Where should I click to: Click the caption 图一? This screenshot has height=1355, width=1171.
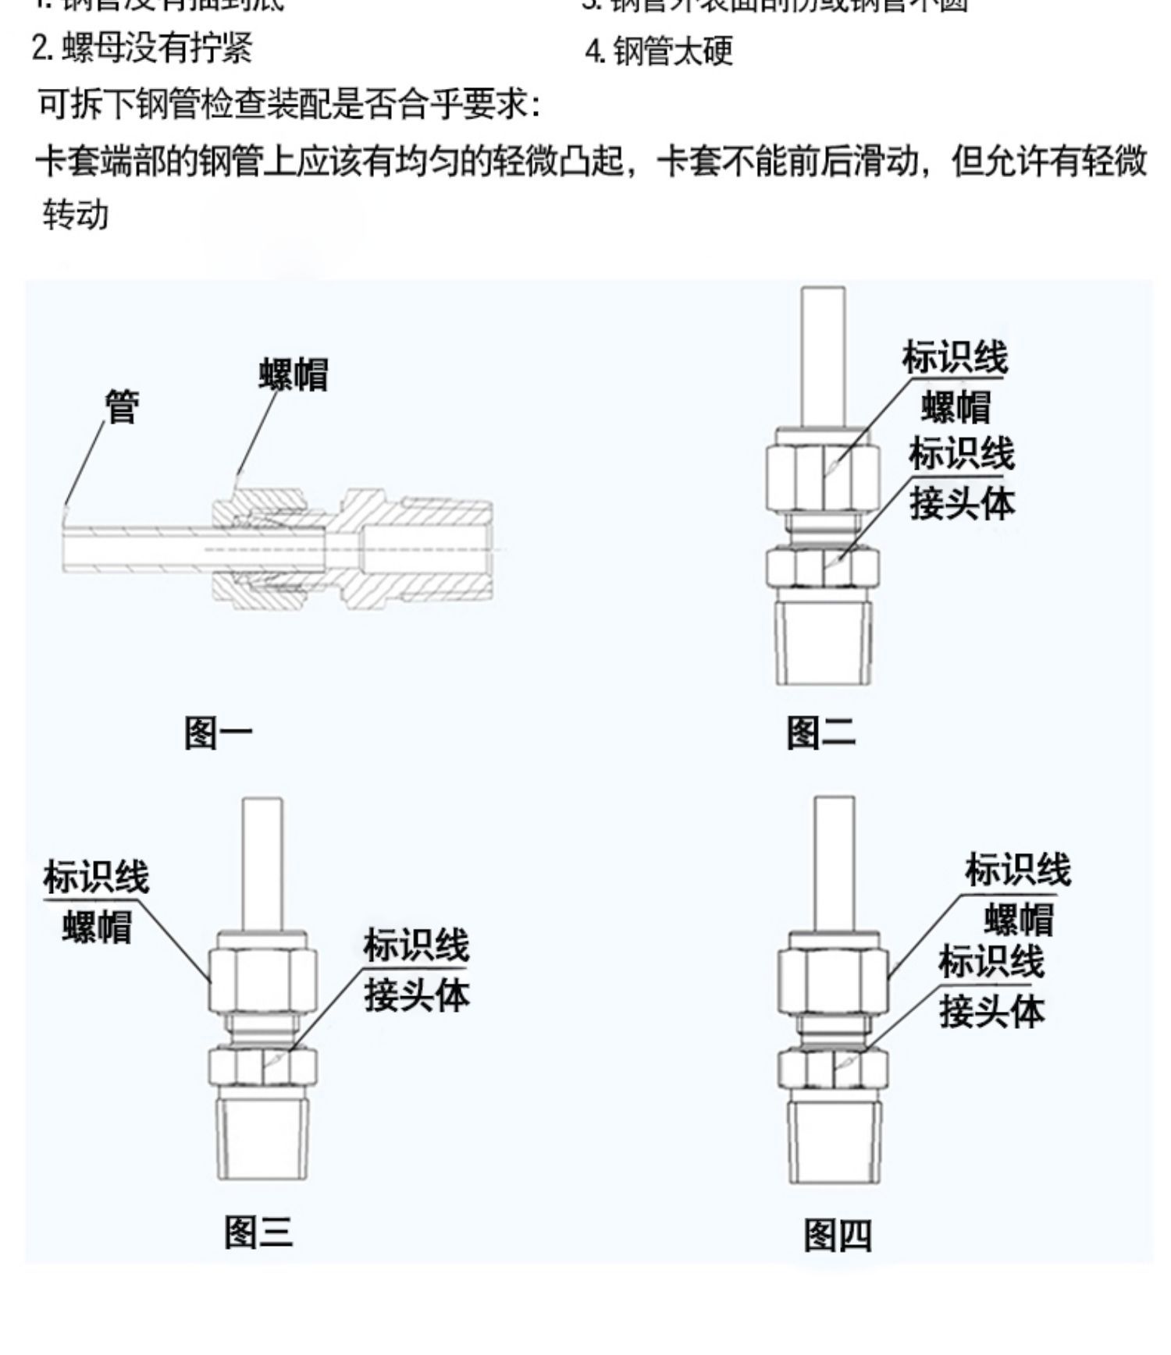219,733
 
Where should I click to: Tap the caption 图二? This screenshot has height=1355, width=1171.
820,733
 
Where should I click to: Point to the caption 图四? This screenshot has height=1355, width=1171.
838,1235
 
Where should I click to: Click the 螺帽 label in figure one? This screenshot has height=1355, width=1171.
294,374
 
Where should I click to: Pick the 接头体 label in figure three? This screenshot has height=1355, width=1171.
417,995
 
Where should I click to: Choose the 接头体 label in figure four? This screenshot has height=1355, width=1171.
991,1012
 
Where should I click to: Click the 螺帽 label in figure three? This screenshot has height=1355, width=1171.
98,927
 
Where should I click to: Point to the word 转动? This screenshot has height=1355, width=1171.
75,215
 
